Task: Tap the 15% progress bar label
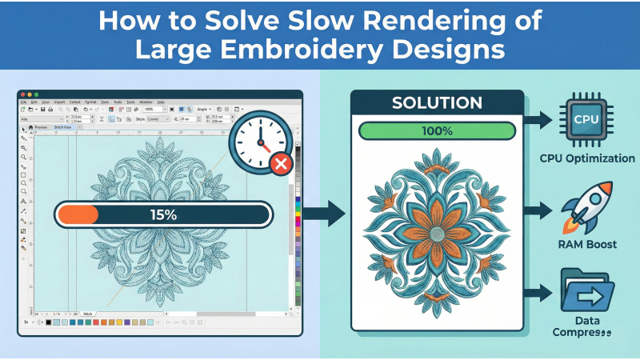(163, 214)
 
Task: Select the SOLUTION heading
(437, 103)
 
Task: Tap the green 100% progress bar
(437, 130)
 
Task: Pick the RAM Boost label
(587, 244)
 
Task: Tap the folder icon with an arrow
(587, 293)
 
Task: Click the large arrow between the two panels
(326, 214)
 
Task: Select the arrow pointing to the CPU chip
(540, 121)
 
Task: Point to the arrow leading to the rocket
(540, 210)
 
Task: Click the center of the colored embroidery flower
(437, 233)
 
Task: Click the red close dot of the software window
(22, 95)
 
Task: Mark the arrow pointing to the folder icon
(540, 294)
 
